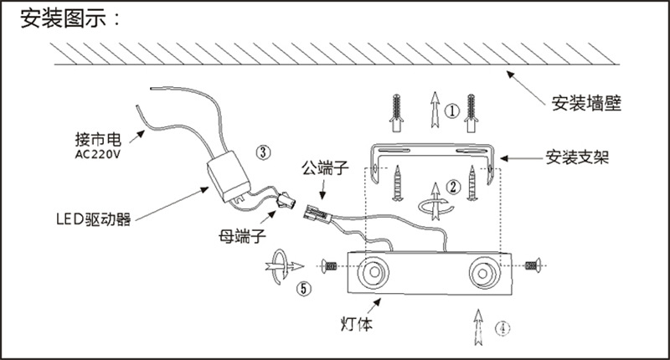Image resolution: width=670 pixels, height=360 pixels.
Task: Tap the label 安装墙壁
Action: [x=590, y=105]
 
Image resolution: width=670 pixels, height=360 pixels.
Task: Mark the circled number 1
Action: [x=451, y=110]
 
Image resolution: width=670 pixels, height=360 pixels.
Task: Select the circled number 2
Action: [x=452, y=188]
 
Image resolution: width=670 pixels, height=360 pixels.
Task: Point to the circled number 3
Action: [x=263, y=152]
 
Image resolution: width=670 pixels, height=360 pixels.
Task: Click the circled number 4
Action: [x=501, y=327]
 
